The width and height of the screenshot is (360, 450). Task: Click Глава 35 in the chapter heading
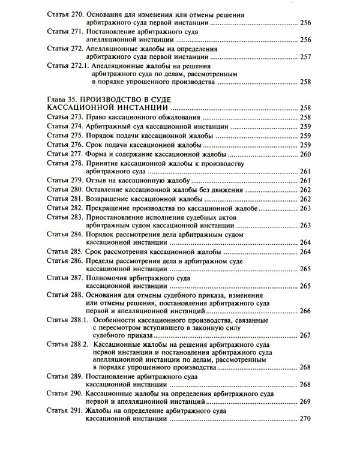pos(62,97)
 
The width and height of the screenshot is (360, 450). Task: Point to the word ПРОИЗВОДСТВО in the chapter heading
pos(116,97)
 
